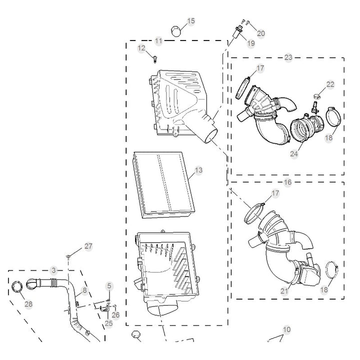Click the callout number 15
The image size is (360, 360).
191,21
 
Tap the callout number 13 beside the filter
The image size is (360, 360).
198,170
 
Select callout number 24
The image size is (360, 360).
294,154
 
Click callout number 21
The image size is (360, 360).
284,291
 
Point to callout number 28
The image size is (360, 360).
28,304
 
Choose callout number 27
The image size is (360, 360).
88,246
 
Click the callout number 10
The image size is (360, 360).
287,329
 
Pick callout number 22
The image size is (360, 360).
330,84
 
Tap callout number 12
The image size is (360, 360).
141,48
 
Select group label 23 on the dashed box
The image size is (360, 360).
288,57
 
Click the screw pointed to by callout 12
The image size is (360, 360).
155,59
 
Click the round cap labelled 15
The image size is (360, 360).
176,31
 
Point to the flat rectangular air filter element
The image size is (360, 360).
164,184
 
